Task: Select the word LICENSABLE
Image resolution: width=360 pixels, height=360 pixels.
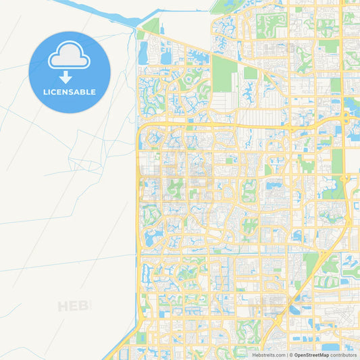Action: pyautogui.click(x=70, y=92)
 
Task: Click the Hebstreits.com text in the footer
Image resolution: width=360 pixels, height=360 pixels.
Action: pyautogui.click(x=269, y=355)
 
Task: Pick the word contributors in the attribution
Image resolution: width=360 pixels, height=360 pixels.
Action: pyautogui.click(x=344, y=355)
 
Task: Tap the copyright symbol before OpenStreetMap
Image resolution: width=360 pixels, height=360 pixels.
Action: pyautogui.click(x=291, y=355)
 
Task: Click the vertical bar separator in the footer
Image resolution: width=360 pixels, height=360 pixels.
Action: pyautogui.click(x=286, y=355)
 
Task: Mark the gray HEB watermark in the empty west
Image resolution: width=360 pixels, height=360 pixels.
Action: pyautogui.click(x=73, y=306)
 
